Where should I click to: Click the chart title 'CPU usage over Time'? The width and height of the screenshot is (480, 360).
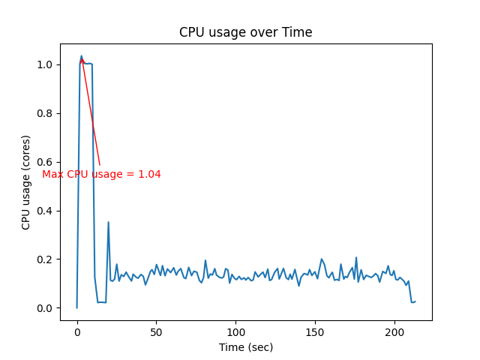click(x=245, y=32)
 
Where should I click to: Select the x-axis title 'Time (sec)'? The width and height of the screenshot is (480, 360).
click(x=245, y=347)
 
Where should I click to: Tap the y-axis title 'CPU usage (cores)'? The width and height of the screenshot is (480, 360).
click(x=26, y=182)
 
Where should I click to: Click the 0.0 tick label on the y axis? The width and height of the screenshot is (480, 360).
click(x=46, y=308)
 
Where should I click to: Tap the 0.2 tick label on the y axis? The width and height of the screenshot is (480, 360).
click(x=46, y=259)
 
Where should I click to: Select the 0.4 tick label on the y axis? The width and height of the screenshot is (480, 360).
click(x=46, y=211)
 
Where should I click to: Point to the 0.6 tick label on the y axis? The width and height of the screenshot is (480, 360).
click(x=46, y=162)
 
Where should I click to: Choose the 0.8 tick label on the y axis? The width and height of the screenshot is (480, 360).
click(x=46, y=113)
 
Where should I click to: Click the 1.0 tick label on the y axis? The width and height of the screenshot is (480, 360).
click(x=46, y=64)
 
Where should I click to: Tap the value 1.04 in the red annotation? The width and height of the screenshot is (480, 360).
click(x=150, y=175)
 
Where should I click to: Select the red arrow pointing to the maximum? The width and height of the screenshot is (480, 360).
click(x=91, y=112)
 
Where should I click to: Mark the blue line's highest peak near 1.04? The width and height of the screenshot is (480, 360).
click(x=82, y=55)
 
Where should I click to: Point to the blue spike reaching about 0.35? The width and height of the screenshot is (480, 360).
click(x=108, y=223)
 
